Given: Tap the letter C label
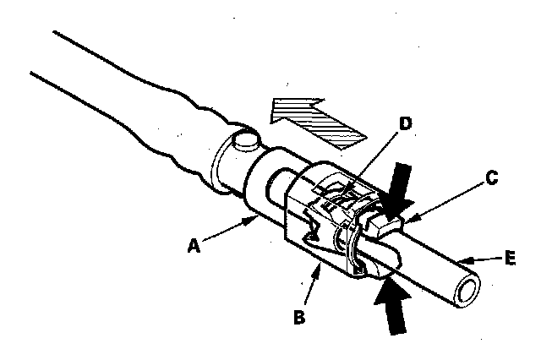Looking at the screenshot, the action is click(x=491, y=178).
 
